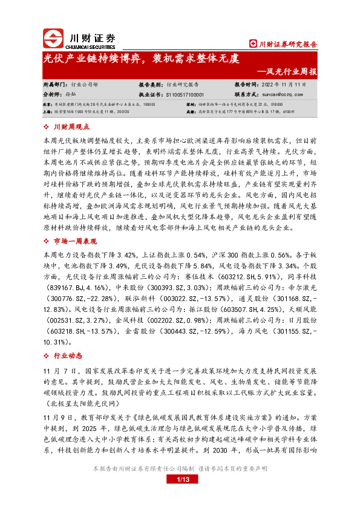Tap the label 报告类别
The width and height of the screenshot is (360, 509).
(x=151, y=85)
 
